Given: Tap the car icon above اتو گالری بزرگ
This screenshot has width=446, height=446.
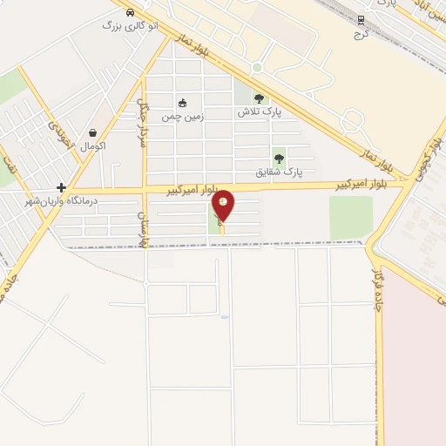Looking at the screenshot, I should click(x=129, y=13).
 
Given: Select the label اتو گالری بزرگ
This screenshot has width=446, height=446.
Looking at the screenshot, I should click(x=130, y=26).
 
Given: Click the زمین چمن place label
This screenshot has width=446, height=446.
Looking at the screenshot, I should click(x=182, y=115).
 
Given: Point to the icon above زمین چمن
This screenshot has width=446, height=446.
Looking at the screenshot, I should click(x=182, y=103).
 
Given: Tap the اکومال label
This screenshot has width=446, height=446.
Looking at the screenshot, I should click(x=92, y=145).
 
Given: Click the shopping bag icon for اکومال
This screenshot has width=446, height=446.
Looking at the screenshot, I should click(x=92, y=133).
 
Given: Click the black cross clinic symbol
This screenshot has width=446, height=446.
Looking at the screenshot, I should click(x=61, y=187).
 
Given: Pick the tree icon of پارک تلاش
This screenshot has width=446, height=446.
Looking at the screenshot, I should click(x=258, y=98).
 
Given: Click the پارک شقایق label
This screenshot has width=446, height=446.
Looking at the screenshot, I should click(x=279, y=172).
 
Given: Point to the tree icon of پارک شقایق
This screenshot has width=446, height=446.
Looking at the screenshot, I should click(x=279, y=159).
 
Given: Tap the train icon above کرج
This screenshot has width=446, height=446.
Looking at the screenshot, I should click(x=362, y=18).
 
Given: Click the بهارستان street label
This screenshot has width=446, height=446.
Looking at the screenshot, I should click(x=142, y=228).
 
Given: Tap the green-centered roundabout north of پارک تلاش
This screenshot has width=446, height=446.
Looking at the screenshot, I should click(x=257, y=67).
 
